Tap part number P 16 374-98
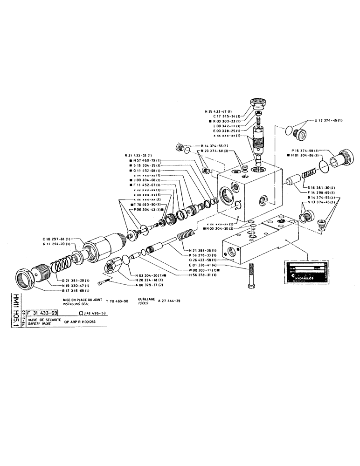pos(305,151)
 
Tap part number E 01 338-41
pos(204,265)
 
